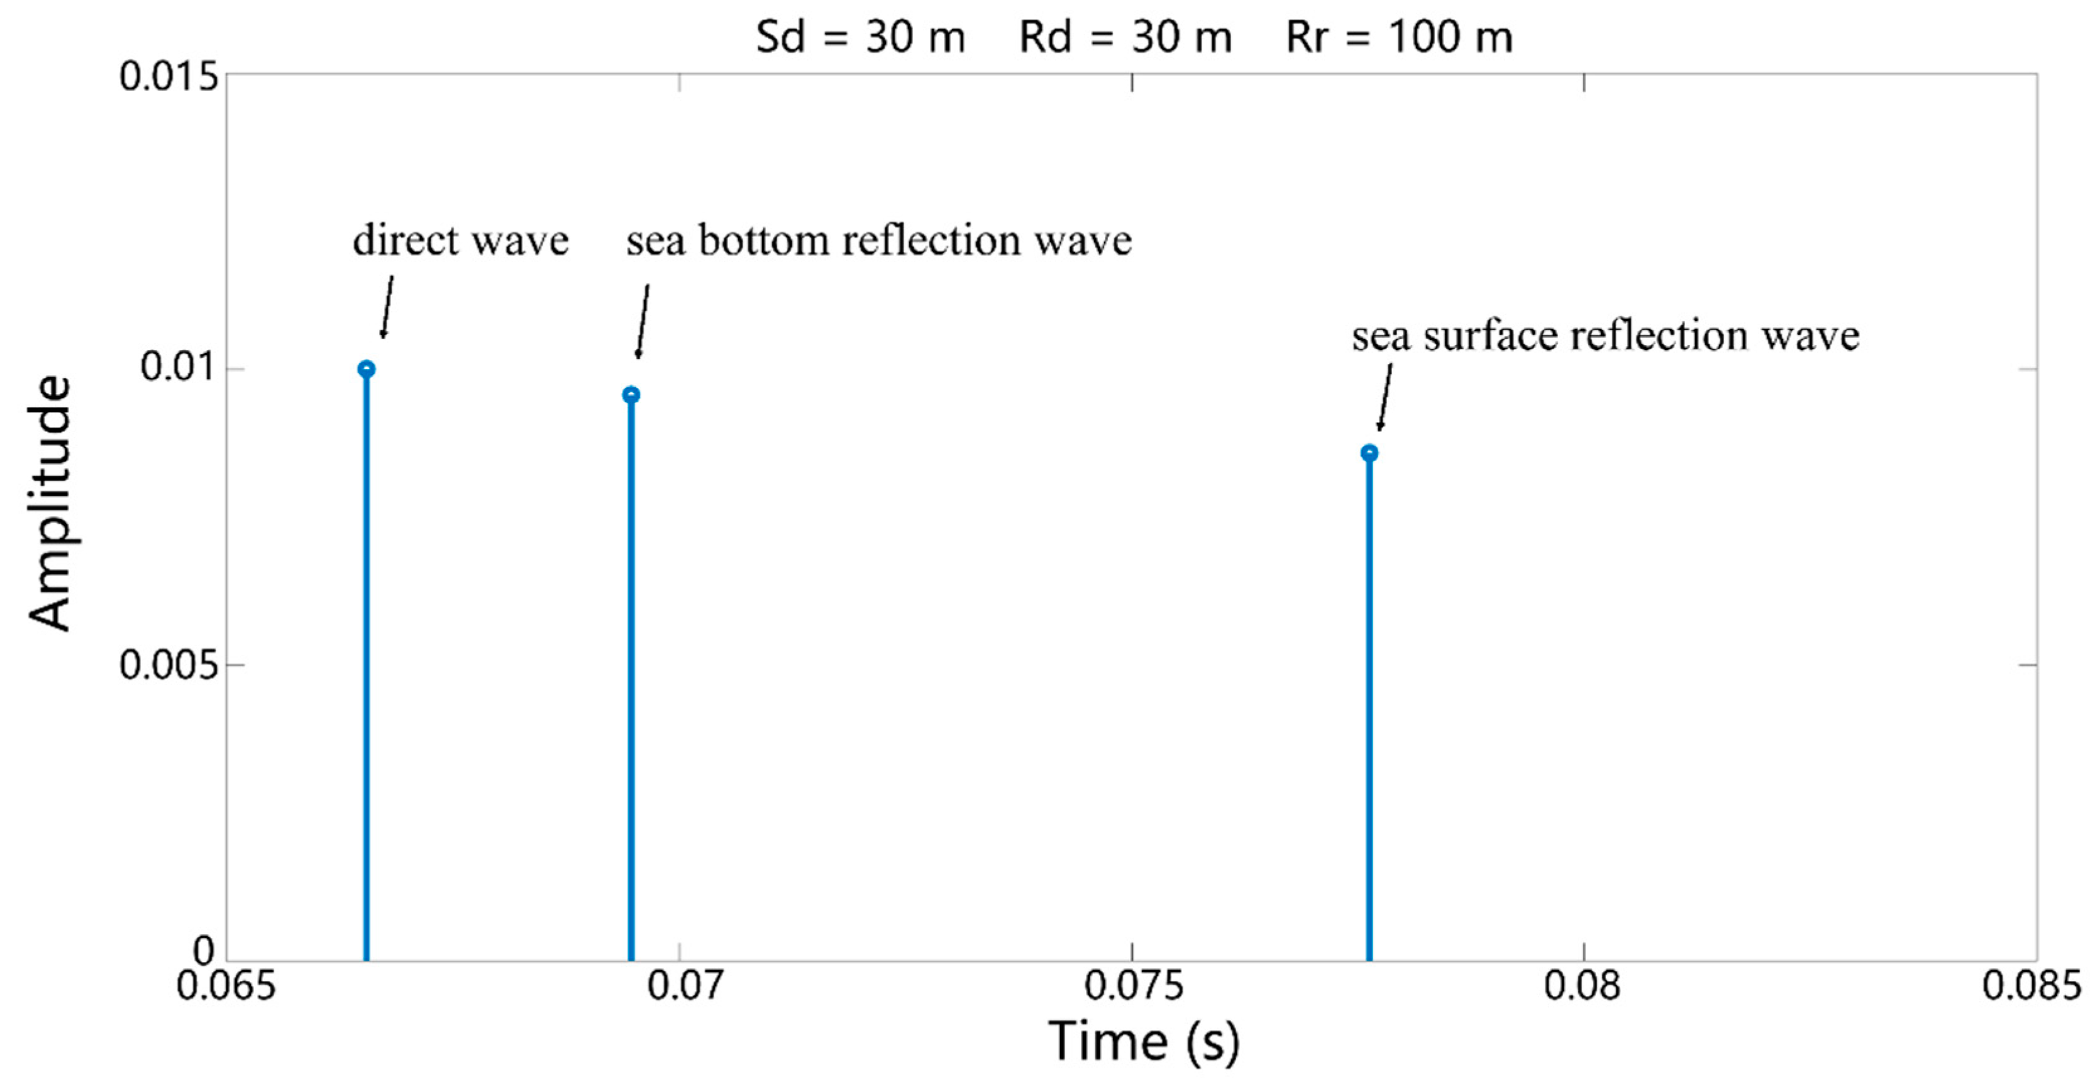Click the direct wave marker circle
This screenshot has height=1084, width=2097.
367,368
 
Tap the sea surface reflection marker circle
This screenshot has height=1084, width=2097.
1369,453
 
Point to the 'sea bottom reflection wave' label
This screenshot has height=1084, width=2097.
878,241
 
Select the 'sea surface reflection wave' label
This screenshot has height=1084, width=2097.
1605,335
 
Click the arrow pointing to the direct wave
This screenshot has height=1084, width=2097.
387,307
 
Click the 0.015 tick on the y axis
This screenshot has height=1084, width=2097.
169,77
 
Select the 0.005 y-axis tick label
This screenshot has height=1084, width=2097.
169,665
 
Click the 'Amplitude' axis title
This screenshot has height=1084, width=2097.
50,503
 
